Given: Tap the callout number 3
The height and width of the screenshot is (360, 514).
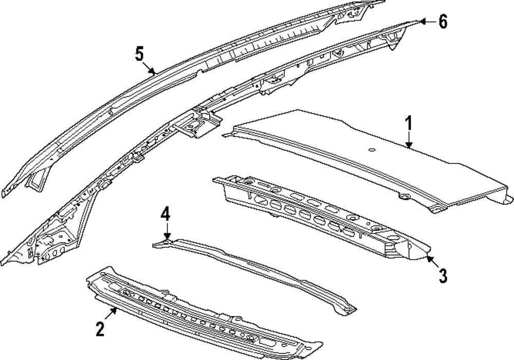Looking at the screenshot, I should tap(443, 275).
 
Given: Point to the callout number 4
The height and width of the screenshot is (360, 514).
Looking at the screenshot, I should tap(164, 213).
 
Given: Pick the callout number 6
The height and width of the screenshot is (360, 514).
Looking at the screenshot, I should tap(443, 22).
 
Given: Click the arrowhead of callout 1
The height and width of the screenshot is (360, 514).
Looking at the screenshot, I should tap(409, 147).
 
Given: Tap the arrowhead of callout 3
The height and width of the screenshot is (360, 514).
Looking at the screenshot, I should tap(428, 255).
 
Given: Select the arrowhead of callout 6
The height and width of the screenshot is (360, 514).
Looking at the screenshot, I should tap(420, 21).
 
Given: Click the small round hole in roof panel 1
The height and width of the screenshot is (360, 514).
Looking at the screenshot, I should tap(371, 149).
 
